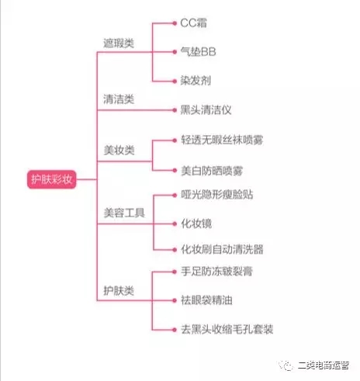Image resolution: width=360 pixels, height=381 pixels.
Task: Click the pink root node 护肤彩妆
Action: pyautogui.click(x=52, y=179)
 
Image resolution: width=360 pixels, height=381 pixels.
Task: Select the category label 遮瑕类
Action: pyautogui.click(x=119, y=43)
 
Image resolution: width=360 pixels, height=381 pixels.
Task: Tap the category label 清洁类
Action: pyautogui.click(x=119, y=99)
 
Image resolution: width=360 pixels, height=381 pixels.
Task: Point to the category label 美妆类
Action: pyautogui.click(x=119, y=150)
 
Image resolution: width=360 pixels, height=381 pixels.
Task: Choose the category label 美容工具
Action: pyautogui.click(x=124, y=213)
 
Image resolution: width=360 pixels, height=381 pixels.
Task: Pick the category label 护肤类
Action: pyautogui.click(x=119, y=291)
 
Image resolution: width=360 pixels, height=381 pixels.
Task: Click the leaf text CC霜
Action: pyautogui.click(x=193, y=23)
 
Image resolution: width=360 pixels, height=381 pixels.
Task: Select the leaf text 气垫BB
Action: pyautogui.click(x=198, y=52)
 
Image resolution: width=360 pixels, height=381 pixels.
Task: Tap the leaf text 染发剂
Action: pyautogui.click(x=196, y=81)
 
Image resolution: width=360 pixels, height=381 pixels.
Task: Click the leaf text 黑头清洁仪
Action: pyautogui.click(x=206, y=110)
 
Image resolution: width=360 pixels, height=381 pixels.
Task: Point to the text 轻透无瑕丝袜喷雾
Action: pyautogui.click(x=222, y=140)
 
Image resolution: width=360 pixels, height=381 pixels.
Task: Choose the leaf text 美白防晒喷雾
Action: pyautogui.click(x=212, y=171)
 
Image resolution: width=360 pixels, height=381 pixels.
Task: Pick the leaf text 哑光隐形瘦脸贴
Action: pyautogui.click(x=217, y=195)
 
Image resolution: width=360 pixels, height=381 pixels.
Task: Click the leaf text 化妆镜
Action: pyautogui.click(x=196, y=223)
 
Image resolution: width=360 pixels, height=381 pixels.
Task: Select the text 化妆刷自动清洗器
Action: pyautogui.click(x=222, y=249)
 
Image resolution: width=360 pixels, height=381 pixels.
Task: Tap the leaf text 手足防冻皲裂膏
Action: pyautogui.click(x=216, y=272)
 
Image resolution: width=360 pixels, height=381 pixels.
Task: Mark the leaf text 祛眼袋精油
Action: pyautogui.click(x=206, y=300)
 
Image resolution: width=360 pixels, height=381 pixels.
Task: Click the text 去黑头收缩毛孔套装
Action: pyautogui.click(x=227, y=330)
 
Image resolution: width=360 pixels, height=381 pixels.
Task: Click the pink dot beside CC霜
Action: pyautogui.click(x=175, y=23)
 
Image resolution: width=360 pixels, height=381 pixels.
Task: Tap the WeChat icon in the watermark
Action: pyautogui.click(x=286, y=365)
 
